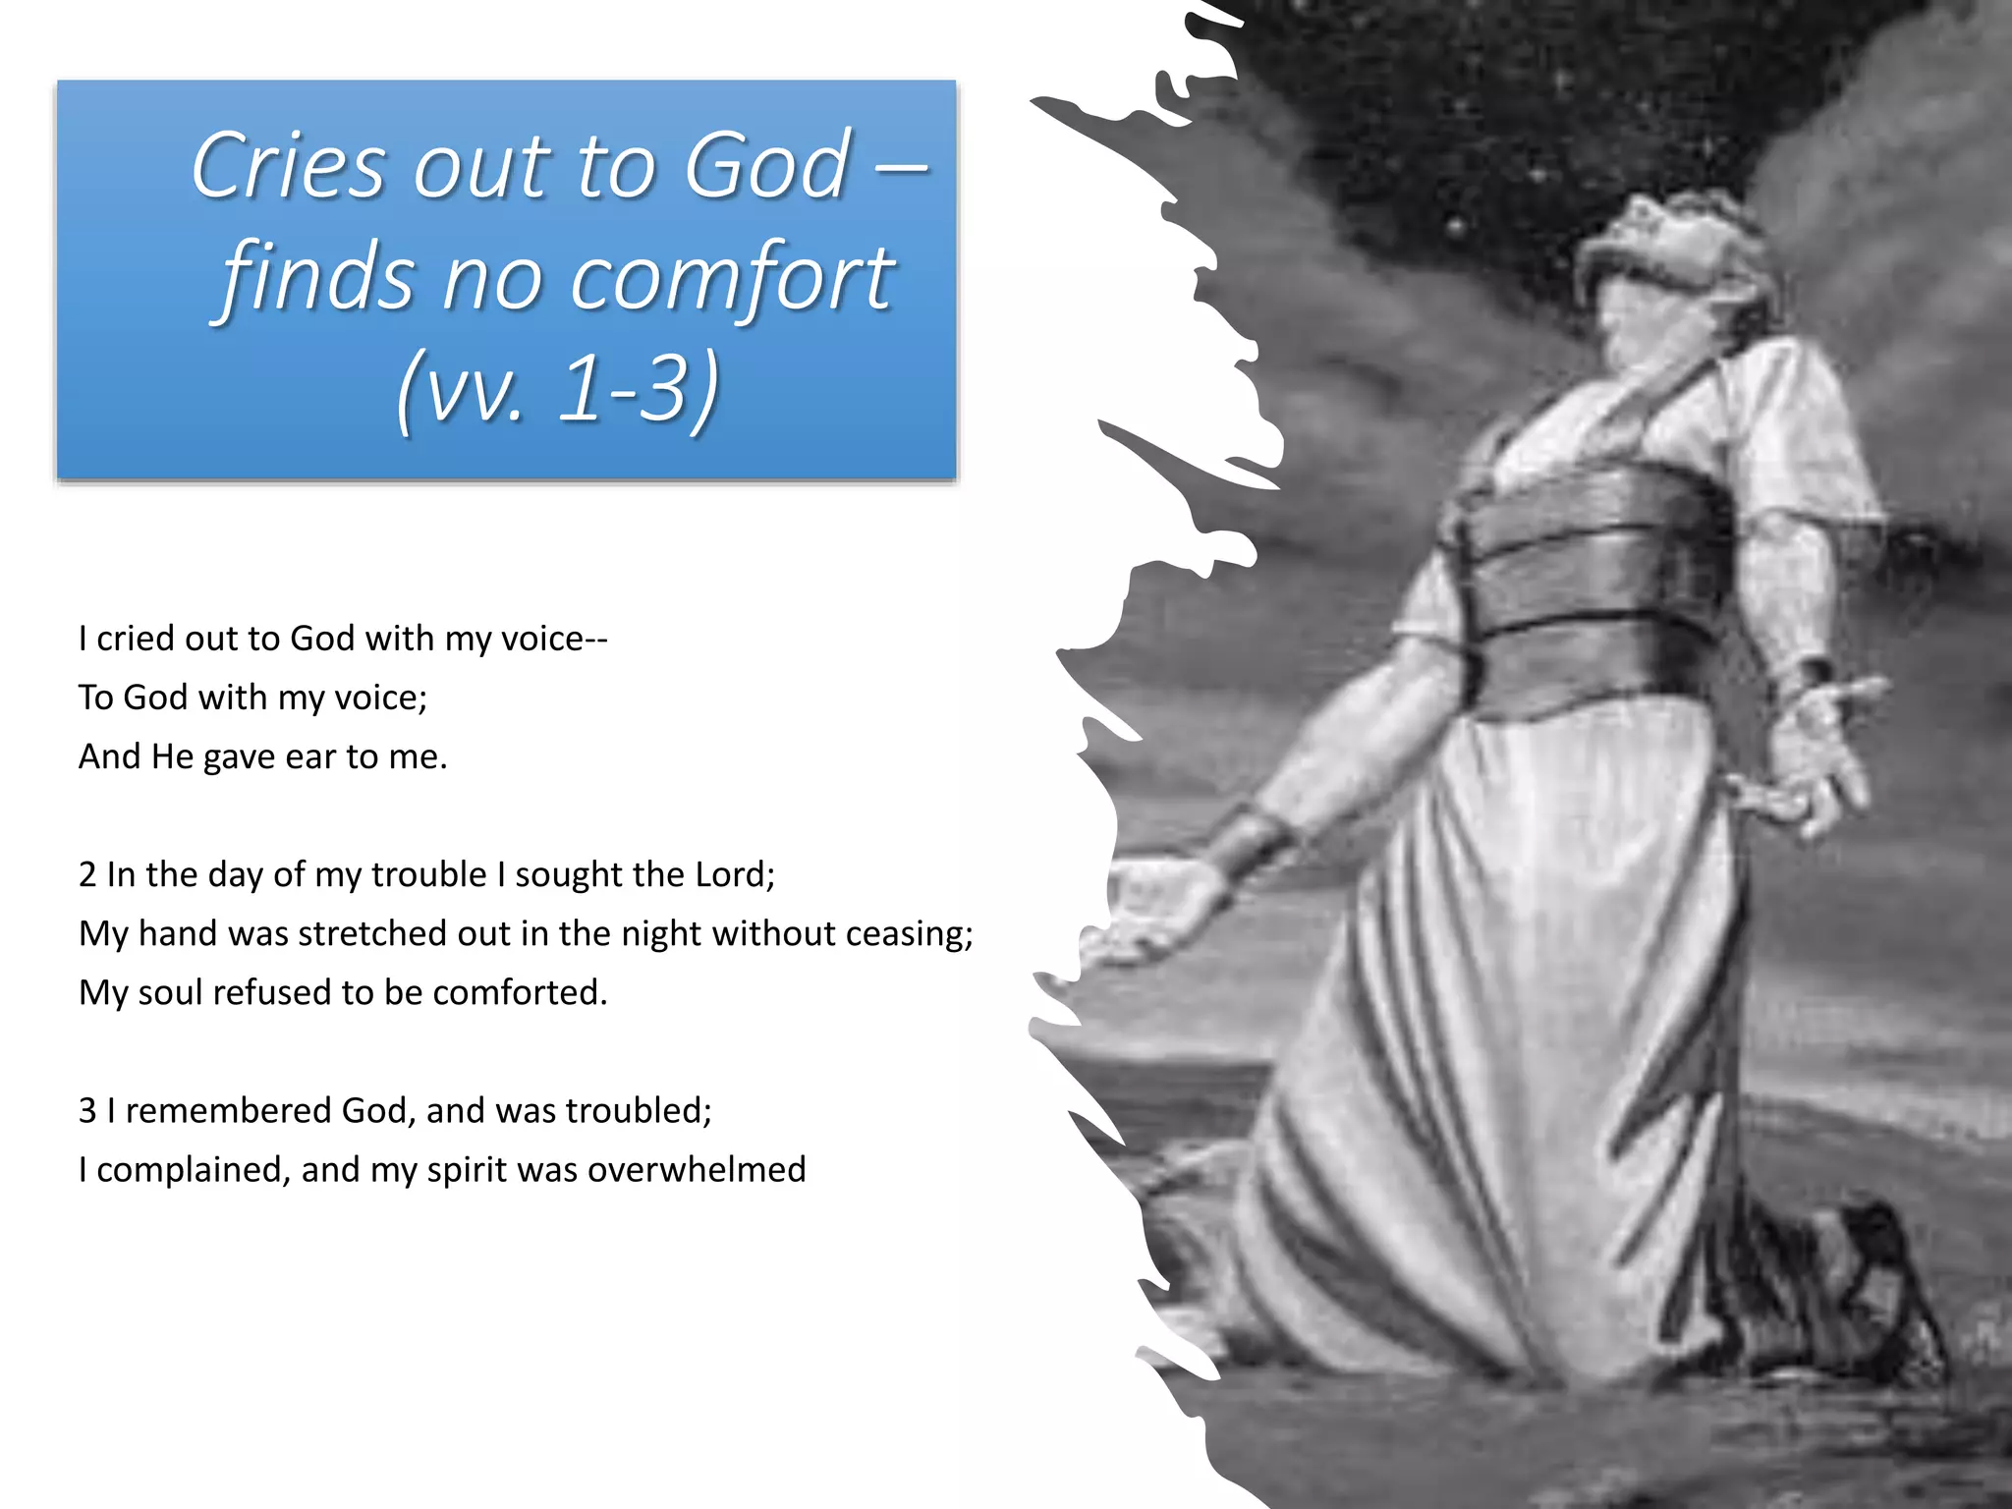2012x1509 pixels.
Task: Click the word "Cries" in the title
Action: [289, 166]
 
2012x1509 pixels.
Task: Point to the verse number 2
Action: [87, 874]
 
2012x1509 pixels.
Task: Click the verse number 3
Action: [87, 1110]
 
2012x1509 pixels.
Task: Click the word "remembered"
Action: [228, 1110]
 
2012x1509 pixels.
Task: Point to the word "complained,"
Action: [194, 1169]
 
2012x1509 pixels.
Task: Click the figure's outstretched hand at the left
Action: [1159, 904]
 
